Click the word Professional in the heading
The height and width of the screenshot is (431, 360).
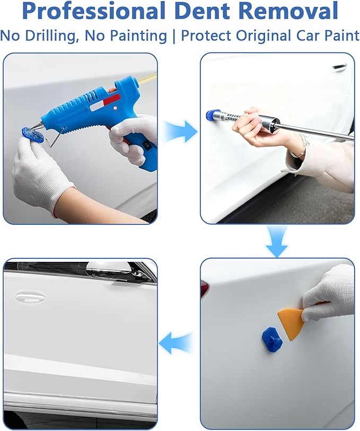tap(94, 11)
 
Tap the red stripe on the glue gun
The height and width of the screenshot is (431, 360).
tap(111, 100)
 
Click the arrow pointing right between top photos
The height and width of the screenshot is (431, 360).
tap(182, 131)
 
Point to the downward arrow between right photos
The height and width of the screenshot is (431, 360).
tap(277, 242)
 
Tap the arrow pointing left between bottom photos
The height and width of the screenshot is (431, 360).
tap(175, 343)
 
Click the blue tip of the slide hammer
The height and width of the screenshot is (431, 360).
tap(211, 116)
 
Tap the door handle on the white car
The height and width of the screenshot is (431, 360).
tap(31, 297)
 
